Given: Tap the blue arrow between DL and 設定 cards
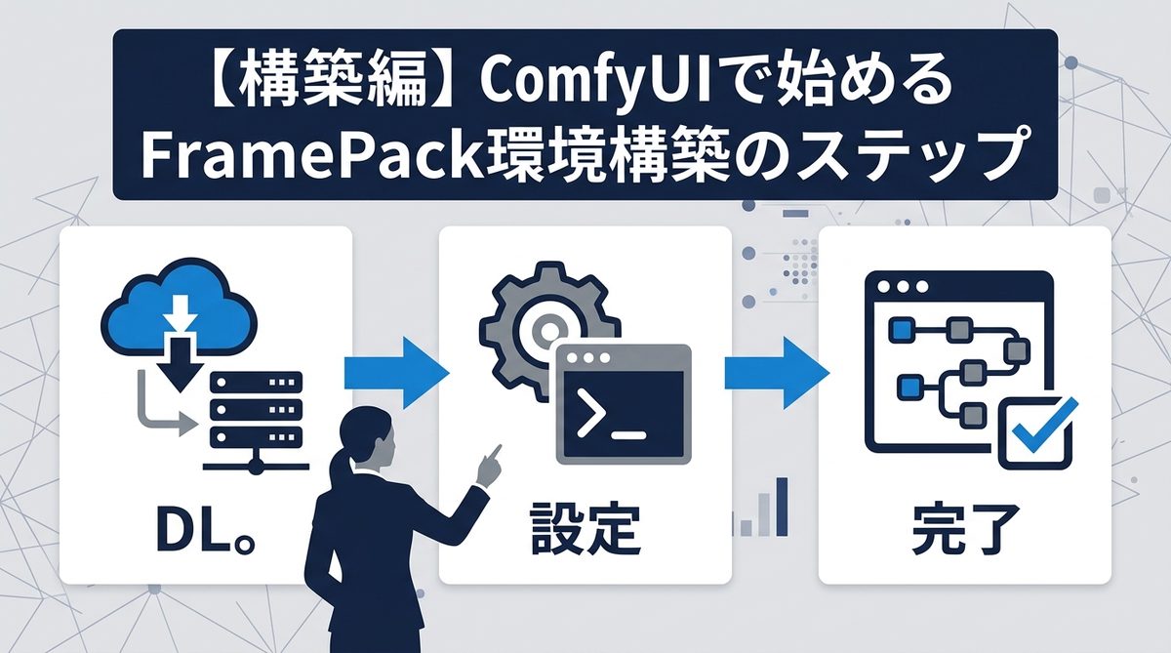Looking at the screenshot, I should [395, 372].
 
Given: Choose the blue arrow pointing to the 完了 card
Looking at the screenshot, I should [776, 372].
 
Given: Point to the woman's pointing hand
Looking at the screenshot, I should [488, 464].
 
